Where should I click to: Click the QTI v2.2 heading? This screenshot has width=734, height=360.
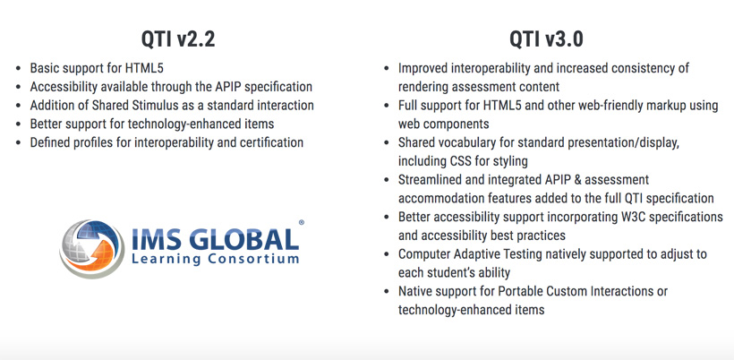point(178,39)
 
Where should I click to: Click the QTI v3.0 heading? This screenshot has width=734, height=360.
point(547,39)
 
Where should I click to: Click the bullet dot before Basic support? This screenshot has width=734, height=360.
point(20,69)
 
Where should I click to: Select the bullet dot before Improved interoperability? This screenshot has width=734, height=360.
point(387,69)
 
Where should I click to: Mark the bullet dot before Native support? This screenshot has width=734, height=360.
point(387,292)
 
